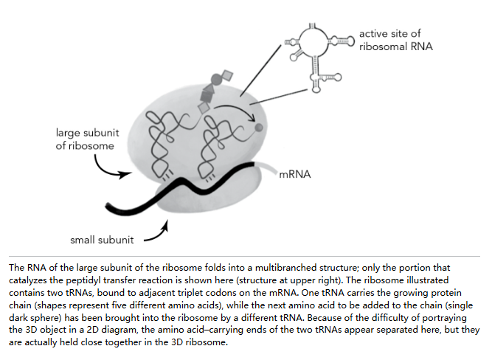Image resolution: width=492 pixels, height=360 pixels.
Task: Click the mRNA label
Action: click(x=294, y=174)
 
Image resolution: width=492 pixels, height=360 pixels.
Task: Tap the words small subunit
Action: click(x=102, y=240)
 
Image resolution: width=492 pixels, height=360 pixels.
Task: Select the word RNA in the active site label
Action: click(x=421, y=46)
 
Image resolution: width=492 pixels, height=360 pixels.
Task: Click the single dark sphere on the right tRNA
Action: click(x=259, y=128)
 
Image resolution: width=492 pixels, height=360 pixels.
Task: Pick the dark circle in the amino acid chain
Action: click(x=216, y=78)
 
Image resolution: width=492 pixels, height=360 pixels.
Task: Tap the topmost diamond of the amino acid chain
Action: click(x=227, y=76)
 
